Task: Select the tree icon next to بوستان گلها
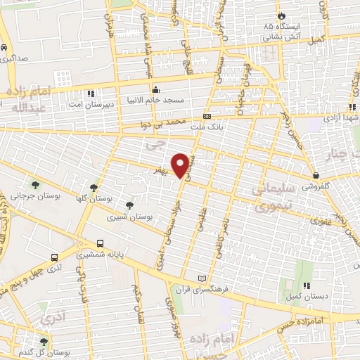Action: pos(94,187)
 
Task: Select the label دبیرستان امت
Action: pos(89,105)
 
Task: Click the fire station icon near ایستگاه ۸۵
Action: pos(281,15)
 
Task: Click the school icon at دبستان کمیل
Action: pos(307,285)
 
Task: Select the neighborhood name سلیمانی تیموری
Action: pos(261,199)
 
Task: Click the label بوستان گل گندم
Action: pos(27,352)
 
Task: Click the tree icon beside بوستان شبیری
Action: pos(129,205)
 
